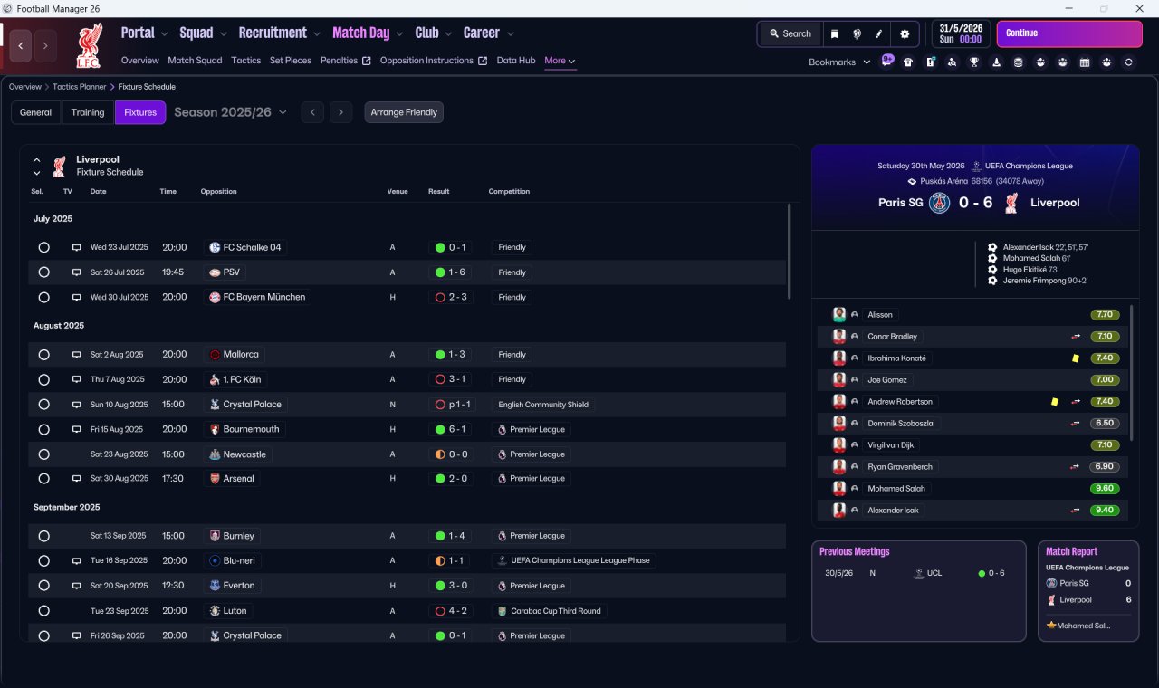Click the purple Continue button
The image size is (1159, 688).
coord(1069,33)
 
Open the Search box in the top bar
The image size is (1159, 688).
coord(790,33)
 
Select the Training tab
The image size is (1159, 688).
coord(88,112)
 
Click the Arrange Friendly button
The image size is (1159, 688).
coord(404,112)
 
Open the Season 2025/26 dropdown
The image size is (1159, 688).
coord(230,112)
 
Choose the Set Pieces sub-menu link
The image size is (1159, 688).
coord(291,61)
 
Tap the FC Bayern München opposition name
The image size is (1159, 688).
coord(263,297)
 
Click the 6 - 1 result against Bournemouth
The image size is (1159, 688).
coord(457,429)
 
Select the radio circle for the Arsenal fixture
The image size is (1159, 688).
coord(44,479)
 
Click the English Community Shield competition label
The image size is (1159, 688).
coord(542,405)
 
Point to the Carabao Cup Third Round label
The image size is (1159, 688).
coord(556,611)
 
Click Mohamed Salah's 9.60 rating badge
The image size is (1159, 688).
coord(1104,488)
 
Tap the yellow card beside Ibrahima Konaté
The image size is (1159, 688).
coord(1075,358)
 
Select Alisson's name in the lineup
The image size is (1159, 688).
coord(879,314)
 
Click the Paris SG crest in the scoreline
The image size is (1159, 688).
coord(939,203)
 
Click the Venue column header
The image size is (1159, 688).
coord(398,191)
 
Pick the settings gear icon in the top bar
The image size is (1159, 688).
coord(905,33)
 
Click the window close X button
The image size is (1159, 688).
coord(1139,8)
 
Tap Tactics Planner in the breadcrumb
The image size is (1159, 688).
coord(79,87)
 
